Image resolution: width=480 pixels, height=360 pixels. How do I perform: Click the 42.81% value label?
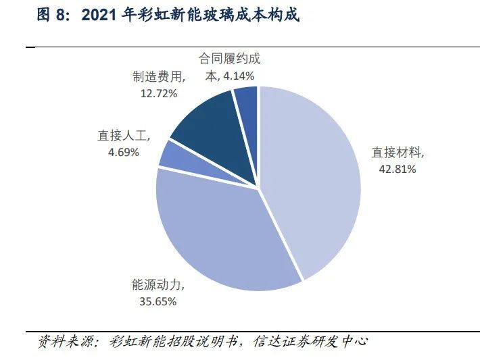point(398,169)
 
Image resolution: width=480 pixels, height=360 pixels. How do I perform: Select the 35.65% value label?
point(158,301)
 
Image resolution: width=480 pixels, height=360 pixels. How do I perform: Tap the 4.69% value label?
point(124,152)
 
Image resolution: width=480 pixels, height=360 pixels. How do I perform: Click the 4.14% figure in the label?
point(242,77)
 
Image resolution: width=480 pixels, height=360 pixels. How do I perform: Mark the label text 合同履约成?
point(230,59)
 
